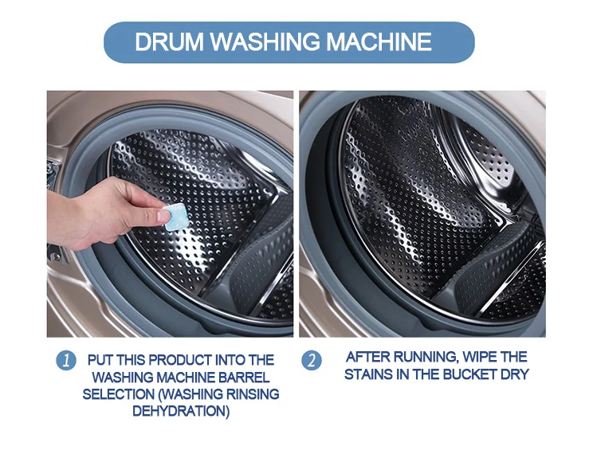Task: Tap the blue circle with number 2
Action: (312, 360)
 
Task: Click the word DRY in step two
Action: (516, 374)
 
